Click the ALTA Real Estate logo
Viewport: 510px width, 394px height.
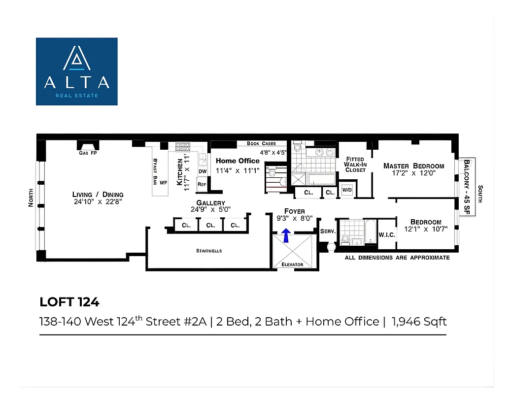pyautogui.click(x=76, y=71)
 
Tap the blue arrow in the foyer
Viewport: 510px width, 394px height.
pyautogui.click(x=286, y=235)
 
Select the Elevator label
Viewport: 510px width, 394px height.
pyautogui.click(x=292, y=264)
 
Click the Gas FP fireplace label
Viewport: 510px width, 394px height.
pyautogui.click(x=88, y=153)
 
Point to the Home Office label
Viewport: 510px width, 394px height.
pyautogui.click(x=238, y=161)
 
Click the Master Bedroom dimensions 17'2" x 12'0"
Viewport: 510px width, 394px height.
pyautogui.click(x=414, y=173)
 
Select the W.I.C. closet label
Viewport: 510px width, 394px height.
pyautogui.click(x=387, y=234)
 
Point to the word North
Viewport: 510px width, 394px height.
pyautogui.click(x=31, y=197)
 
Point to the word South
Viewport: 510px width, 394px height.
pyautogui.click(x=480, y=194)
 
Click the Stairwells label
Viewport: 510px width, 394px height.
pyautogui.click(x=209, y=251)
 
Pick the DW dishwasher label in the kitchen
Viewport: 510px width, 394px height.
pyautogui.click(x=202, y=171)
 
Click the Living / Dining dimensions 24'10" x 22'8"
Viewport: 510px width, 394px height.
pyautogui.click(x=98, y=201)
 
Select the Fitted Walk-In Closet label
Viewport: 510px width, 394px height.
pyautogui.click(x=355, y=164)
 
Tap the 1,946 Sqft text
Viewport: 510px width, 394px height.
pyautogui.click(x=419, y=322)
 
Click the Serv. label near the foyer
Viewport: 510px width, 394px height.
pyautogui.click(x=328, y=231)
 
